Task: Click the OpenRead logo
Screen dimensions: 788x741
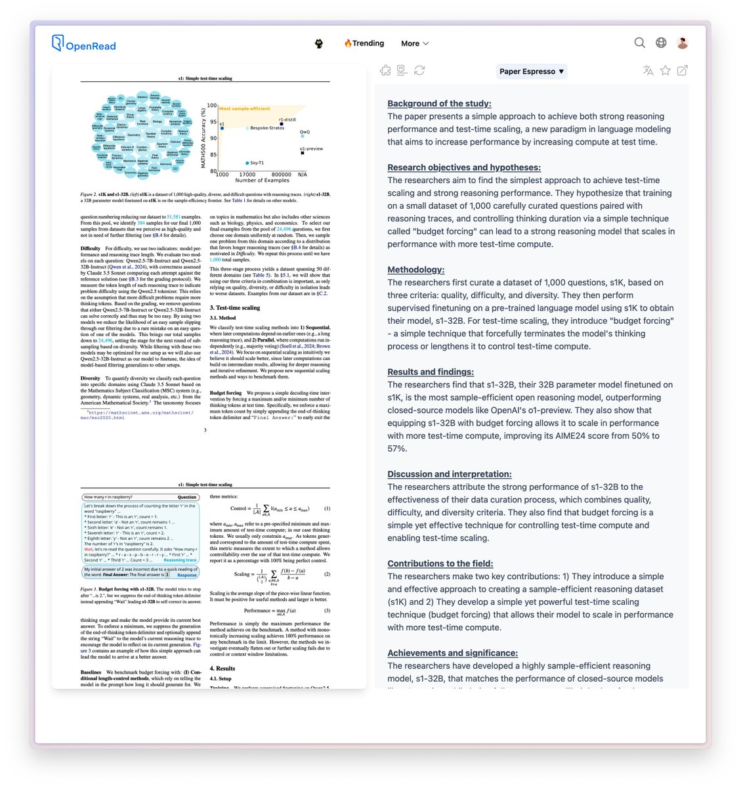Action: click(83, 44)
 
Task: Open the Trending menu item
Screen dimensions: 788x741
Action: click(364, 43)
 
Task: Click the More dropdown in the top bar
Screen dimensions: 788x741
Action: click(415, 43)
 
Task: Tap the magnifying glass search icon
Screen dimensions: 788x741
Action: click(639, 43)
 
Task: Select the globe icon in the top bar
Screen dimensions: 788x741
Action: click(661, 43)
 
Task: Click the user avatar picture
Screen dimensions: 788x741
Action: click(683, 43)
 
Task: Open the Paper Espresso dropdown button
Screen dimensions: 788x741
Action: click(531, 71)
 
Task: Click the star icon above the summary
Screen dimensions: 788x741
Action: click(665, 70)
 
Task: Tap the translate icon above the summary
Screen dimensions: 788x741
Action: click(648, 70)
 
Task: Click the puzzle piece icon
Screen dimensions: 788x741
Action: click(385, 70)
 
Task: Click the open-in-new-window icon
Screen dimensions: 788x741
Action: click(683, 70)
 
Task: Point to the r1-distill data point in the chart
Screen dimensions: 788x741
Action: click(282, 123)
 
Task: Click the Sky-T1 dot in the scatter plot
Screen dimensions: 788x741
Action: click(247, 163)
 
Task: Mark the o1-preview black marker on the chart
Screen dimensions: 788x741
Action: click(303, 153)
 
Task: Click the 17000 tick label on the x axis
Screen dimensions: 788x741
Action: click(247, 175)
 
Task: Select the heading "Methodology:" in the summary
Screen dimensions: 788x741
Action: click(415, 269)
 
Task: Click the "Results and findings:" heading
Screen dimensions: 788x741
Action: click(430, 372)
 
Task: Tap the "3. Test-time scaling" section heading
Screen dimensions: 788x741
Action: click(234, 307)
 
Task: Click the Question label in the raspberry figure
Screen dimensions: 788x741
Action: click(186, 497)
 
